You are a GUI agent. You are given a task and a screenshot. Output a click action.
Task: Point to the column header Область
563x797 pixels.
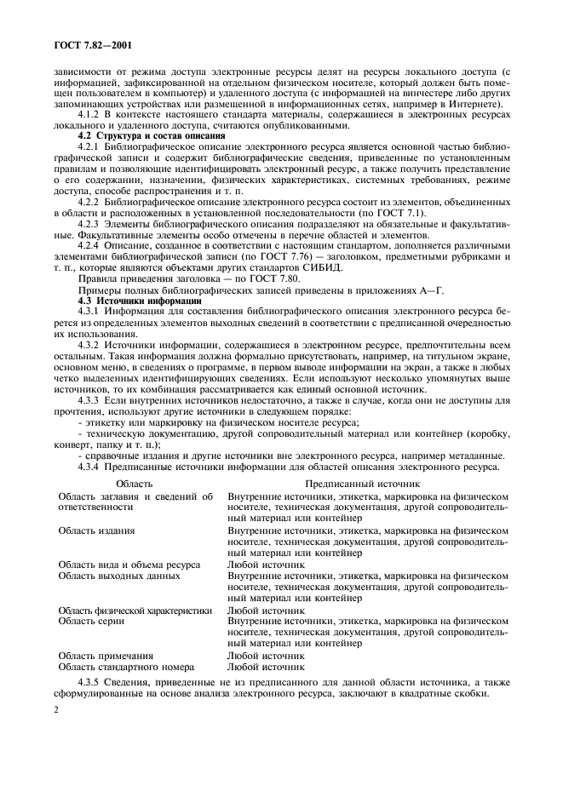click(135, 482)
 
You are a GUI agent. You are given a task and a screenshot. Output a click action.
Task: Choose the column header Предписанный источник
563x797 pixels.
click(365, 482)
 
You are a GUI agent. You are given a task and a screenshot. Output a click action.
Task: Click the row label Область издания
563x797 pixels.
click(96, 530)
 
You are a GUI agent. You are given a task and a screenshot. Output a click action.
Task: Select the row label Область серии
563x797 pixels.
click(92, 621)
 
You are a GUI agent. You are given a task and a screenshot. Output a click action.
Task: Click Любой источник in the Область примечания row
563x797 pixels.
click(266, 656)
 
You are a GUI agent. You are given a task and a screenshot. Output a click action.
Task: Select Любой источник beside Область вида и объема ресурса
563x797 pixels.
click(266, 564)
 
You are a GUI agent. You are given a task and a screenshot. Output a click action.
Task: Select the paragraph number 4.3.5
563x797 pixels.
click(92, 683)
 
